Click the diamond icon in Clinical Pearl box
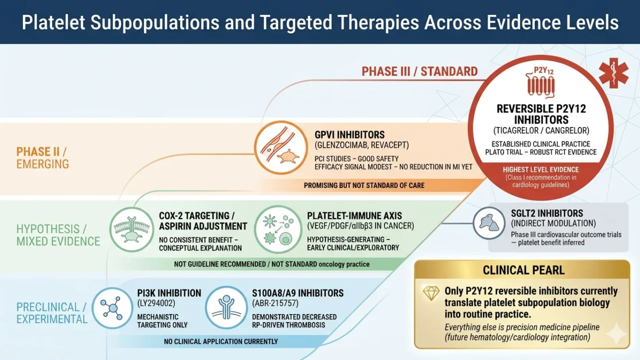coord(430,293)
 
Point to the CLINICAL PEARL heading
coord(523,270)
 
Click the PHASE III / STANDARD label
coord(419,71)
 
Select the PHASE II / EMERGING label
coord(43,157)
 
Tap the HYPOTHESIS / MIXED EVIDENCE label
coord(58,235)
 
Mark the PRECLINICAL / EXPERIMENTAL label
coord(52,313)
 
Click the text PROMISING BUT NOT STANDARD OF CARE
coord(364,185)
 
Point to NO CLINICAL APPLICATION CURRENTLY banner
coord(220,341)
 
